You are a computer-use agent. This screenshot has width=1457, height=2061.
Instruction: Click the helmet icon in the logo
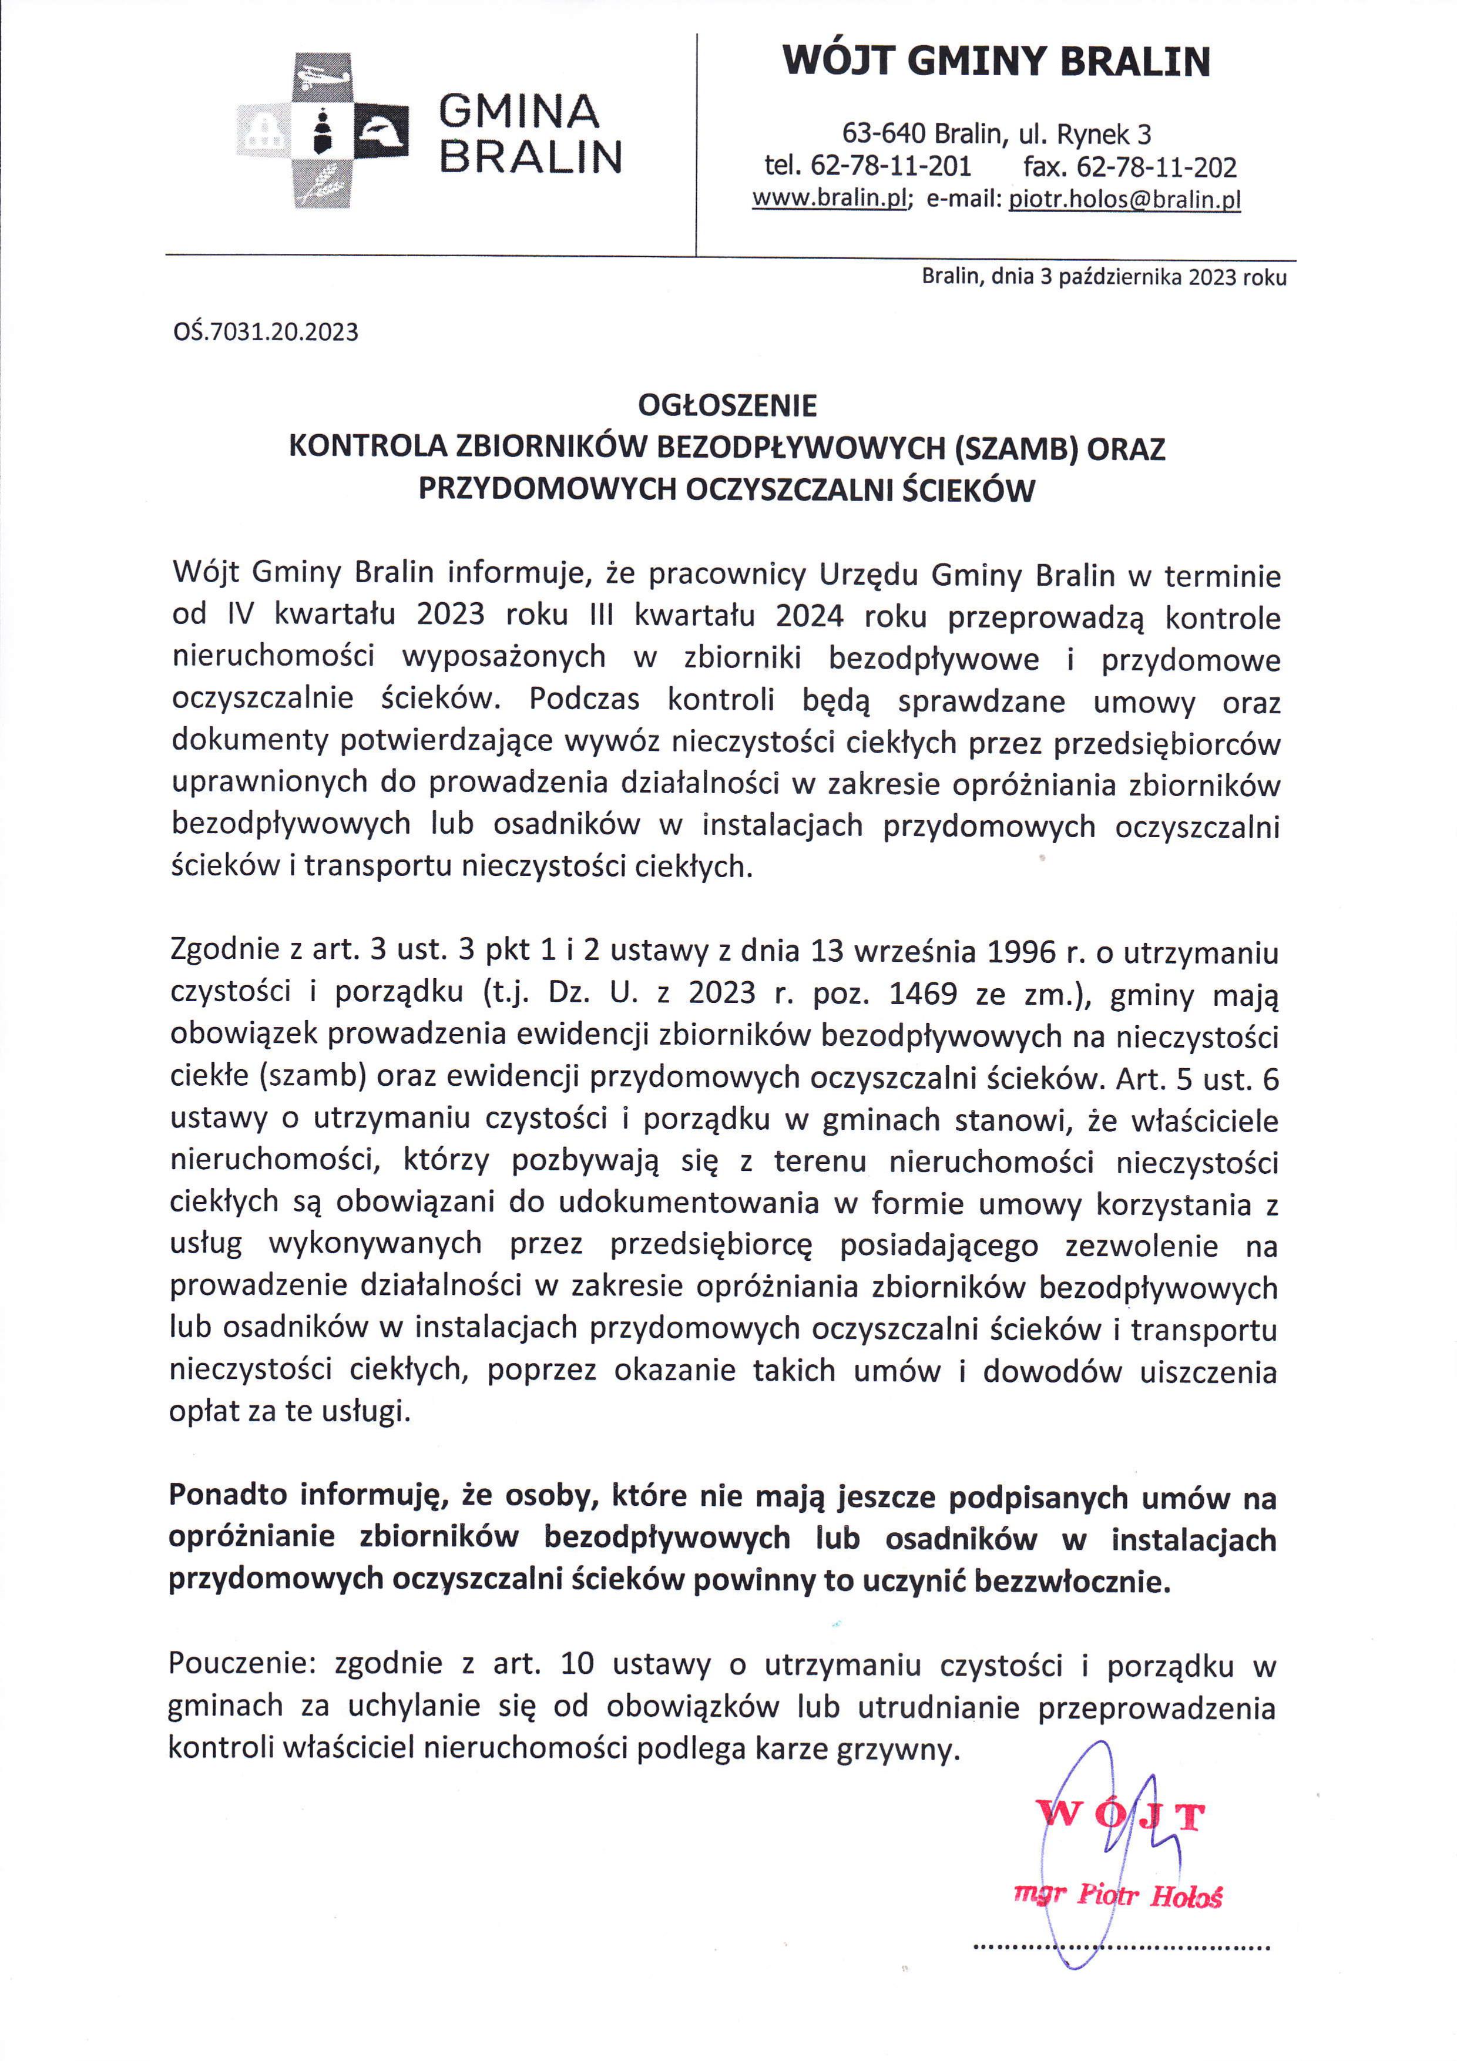pyautogui.click(x=383, y=135)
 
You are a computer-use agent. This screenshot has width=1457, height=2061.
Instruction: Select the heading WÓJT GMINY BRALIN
pyautogui.click(x=996, y=62)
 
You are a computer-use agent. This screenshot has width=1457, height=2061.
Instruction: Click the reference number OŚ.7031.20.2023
pyautogui.click(x=266, y=333)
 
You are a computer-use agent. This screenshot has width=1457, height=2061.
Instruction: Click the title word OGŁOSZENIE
pyautogui.click(x=727, y=407)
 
